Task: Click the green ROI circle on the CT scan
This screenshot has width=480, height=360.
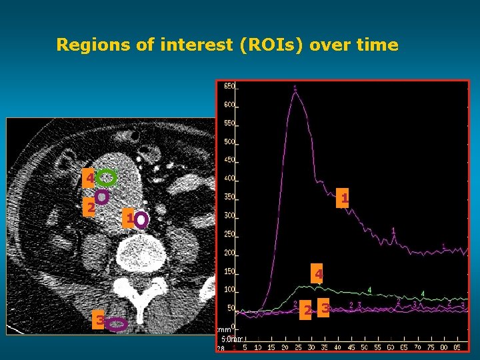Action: click(106, 177)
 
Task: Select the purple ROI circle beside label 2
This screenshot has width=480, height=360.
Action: click(102, 197)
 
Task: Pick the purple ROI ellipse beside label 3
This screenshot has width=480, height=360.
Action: click(117, 324)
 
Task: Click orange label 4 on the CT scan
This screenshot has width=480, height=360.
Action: click(89, 179)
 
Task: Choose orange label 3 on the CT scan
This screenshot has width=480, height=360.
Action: click(99, 321)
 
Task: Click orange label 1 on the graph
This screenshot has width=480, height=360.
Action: click(342, 199)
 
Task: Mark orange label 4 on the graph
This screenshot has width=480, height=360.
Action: click(319, 275)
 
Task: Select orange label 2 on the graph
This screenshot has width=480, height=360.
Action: click(305, 311)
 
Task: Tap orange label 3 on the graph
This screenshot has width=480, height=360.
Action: click(324, 309)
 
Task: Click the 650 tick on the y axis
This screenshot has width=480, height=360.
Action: click(229, 87)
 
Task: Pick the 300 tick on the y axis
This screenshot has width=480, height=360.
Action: click(229, 215)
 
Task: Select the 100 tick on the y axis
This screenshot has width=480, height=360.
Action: click(229, 289)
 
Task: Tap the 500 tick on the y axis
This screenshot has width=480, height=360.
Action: click(229, 142)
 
